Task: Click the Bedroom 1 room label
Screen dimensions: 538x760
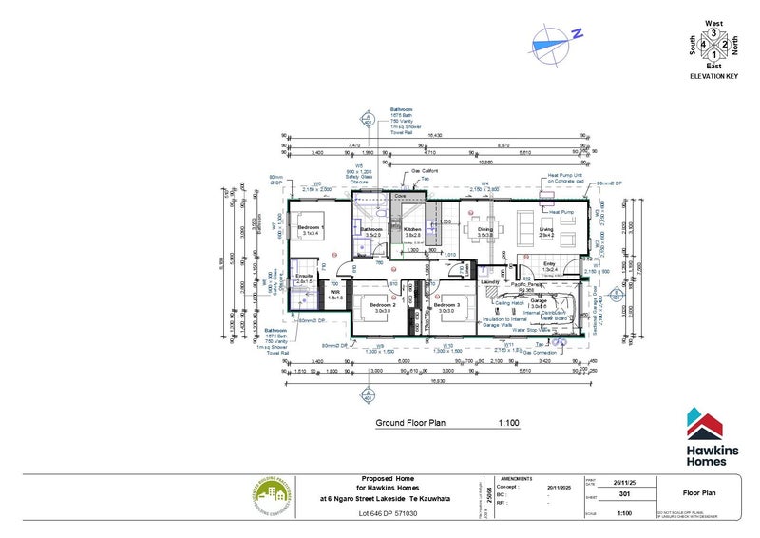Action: point(312,228)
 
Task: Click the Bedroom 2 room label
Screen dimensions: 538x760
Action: point(384,304)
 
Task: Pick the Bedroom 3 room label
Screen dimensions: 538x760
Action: point(447,304)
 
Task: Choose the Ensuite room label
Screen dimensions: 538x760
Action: point(305,276)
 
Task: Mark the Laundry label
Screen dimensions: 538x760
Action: point(491,282)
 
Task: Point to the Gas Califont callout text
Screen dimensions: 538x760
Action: point(423,173)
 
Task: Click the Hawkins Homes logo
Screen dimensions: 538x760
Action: point(708,436)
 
